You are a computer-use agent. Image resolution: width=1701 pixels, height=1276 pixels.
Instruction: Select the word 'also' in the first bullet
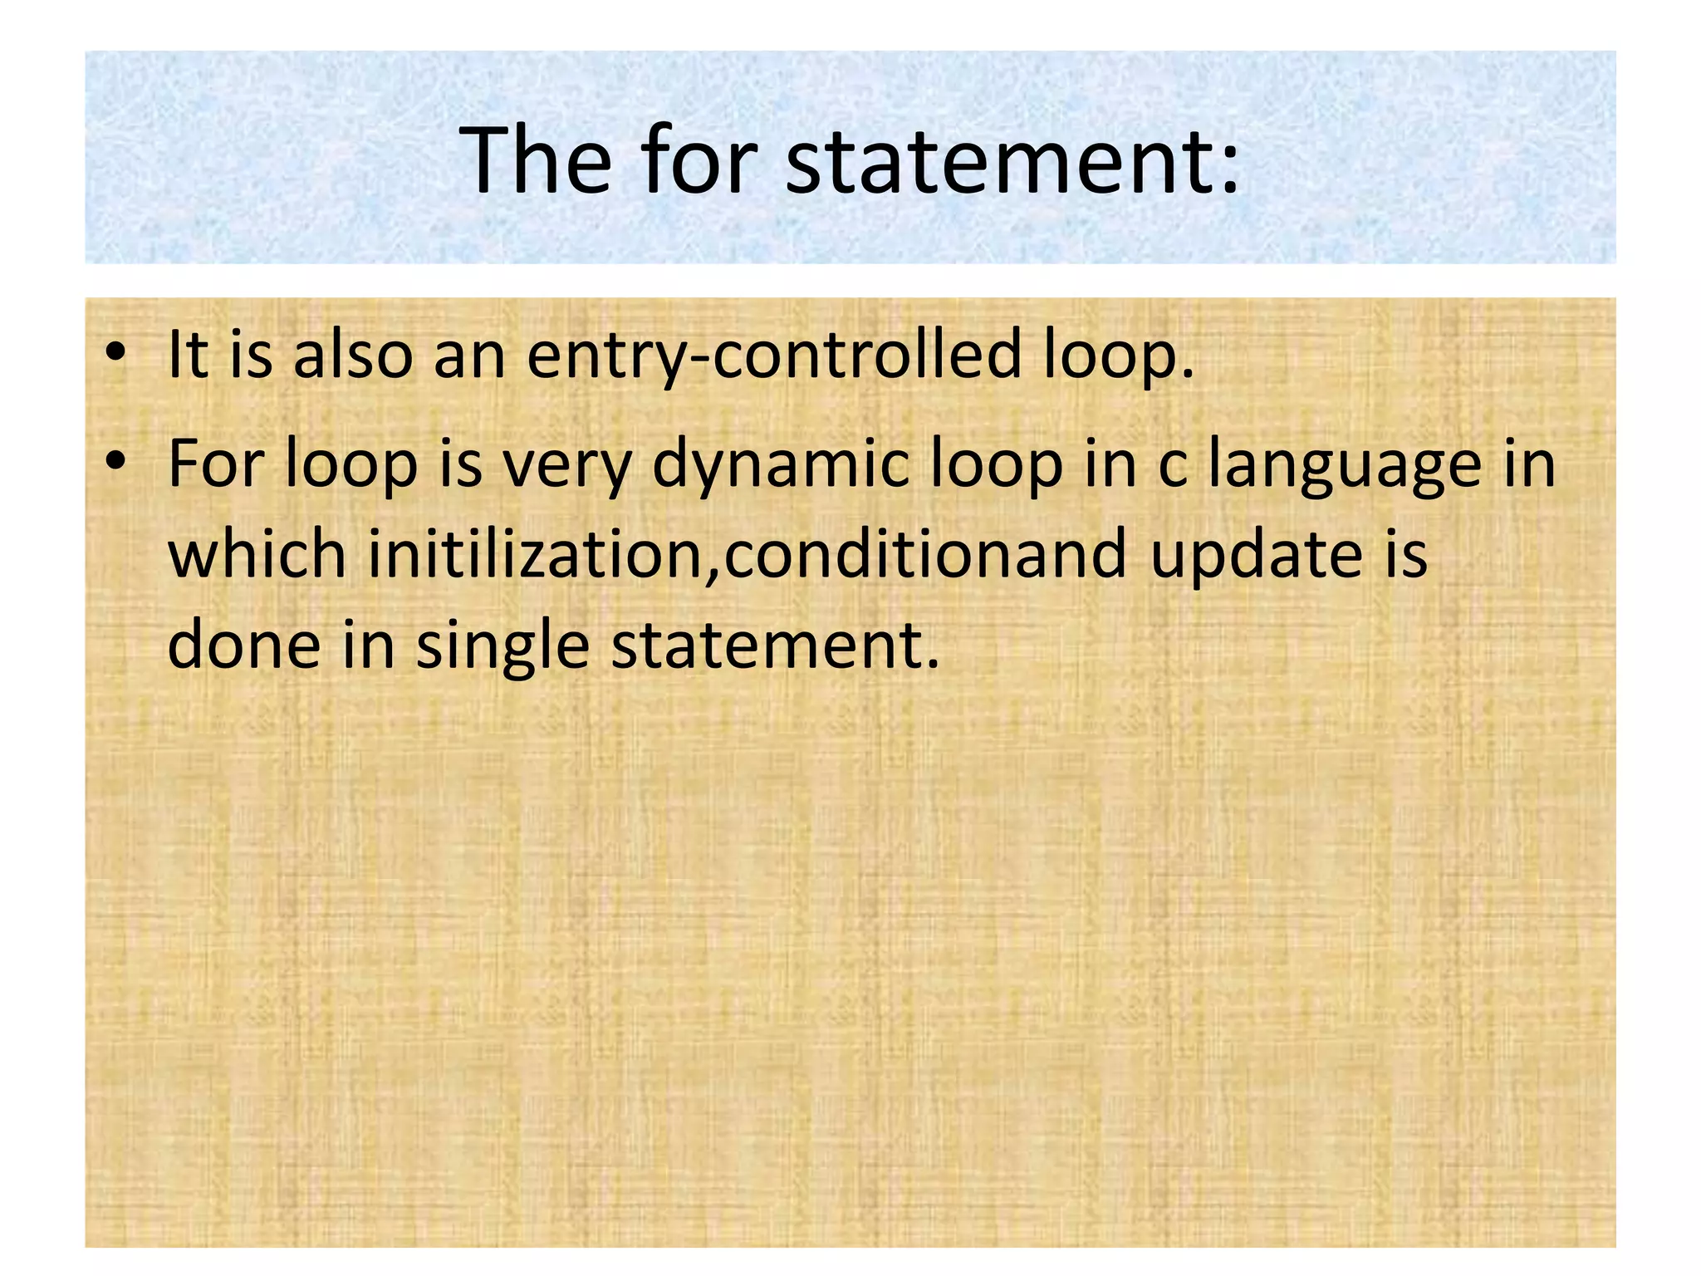coord(353,354)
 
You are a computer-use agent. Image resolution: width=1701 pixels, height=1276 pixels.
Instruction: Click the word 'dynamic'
coord(781,465)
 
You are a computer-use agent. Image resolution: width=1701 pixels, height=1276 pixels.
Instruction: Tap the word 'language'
coord(1344,465)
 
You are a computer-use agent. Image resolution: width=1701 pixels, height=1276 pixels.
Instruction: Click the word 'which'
coord(257,553)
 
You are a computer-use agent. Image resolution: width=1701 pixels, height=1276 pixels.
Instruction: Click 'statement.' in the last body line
coord(776,645)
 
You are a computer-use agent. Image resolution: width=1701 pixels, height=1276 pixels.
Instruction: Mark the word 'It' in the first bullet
coord(188,354)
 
